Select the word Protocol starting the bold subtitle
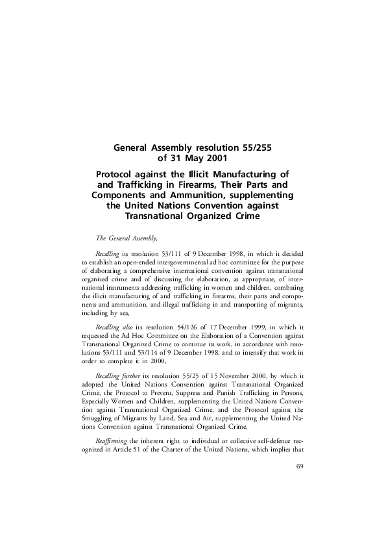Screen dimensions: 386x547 (x=118, y=174)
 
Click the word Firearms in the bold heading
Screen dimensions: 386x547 (x=203, y=184)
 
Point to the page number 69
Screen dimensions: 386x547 (x=300, y=466)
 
